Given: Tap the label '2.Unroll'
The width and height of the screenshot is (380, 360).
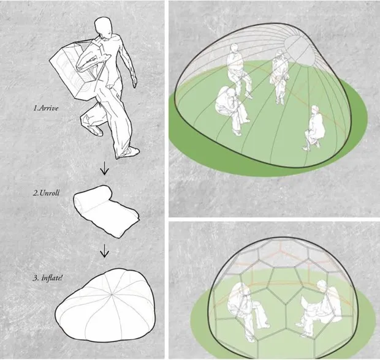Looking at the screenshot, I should click(x=46, y=193).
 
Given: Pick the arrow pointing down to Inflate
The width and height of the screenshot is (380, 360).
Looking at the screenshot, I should click(x=104, y=250).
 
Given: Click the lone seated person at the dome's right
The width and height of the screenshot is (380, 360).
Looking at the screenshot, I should click(x=314, y=128).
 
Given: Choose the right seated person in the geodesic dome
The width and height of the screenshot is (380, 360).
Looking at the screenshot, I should click(x=319, y=306).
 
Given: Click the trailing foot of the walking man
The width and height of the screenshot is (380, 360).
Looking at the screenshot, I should click(x=94, y=129).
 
